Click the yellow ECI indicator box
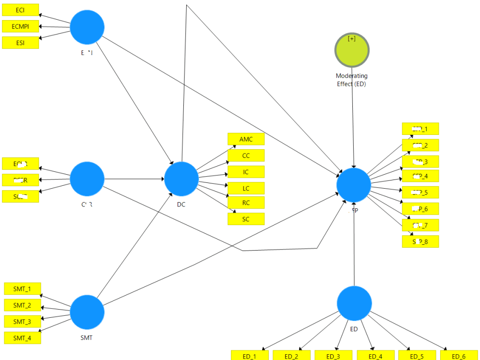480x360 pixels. pyautogui.click(x=20, y=10)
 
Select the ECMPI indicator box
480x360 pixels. pyautogui.click(x=20, y=26)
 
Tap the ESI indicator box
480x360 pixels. pyautogui.click(x=20, y=43)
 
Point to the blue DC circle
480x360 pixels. pyautogui.click(x=181, y=179)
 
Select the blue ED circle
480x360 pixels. pyautogui.click(x=354, y=303)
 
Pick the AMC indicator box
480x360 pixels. pyautogui.click(x=246, y=139)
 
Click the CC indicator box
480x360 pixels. pyautogui.click(x=246, y=156)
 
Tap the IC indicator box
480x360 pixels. pyautogui.click(x=246, y=172)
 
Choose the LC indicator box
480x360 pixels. pyautogui.click(x=246, y=188)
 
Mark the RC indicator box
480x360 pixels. pyautogui.click(x=246, y=203)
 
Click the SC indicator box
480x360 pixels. pyautogui.click(x=246, y=219)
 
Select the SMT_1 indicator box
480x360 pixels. pyautogui.click(x=22, y=289)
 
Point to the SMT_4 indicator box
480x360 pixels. pyautogui.click(x=22, y=338)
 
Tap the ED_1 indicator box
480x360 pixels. pyautogui.click(x=249, y=356)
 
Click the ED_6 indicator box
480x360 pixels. pyautogui.click(x=458, y=356)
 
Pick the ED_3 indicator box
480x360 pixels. pyautogui.click(x=333, y=356)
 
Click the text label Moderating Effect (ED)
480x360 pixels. pyautogui.click(x=351, y=80)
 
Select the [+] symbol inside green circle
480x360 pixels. pyautogui.click(x=352, y=38)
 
